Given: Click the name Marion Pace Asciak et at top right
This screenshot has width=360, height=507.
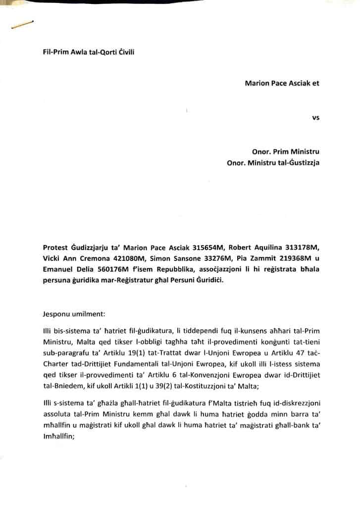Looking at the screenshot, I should (282, 83).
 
